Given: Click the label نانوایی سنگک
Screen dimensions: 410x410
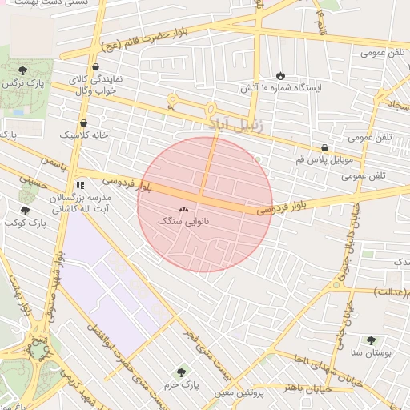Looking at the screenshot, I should point(183,219).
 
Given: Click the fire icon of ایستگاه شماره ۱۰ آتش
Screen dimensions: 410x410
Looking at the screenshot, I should point(280,74).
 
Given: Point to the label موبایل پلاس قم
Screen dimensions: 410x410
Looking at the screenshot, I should point(323,160).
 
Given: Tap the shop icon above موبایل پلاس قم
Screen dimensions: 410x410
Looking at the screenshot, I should point(324,148).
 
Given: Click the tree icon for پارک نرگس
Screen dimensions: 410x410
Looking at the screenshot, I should point(22,70).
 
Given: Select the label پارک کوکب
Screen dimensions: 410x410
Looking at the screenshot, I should point(24,225).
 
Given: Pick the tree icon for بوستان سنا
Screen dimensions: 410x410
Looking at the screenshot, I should point(370,340).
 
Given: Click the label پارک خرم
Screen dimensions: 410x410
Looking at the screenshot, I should point(181,383).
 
